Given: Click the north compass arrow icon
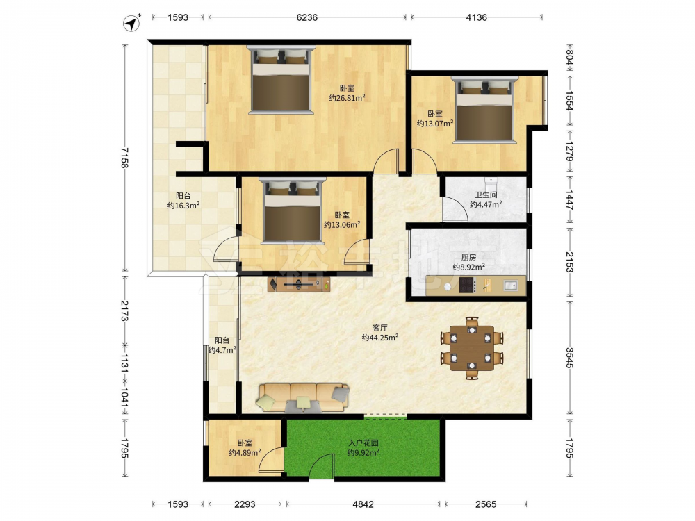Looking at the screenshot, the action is (x=131, y=23).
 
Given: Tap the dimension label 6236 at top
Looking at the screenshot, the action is (x=306, y=17).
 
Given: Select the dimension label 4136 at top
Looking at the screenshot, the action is (x=477, y=17).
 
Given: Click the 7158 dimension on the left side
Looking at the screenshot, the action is (x=124, y=158).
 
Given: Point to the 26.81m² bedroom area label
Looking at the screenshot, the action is (x=347, y=97).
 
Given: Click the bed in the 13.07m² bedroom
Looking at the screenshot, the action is (x=485, y=110).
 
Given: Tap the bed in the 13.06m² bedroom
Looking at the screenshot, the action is (x=293, y=210).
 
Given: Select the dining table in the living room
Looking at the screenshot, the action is (x=472, y=348).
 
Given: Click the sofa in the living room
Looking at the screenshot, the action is (x=302, y=398).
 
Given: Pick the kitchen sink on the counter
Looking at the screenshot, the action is (x=510, y=286).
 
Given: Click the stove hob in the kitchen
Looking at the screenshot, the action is (x=467, y=285).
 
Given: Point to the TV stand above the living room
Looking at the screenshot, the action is (x=299, y=284).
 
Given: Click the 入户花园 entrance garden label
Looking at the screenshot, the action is (x=363, y=443).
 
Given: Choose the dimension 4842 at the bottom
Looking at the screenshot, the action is (x=363, y=504).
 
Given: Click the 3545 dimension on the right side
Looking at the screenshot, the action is (x=570, y=358).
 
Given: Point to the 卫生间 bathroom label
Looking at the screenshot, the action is (x=486, y=195).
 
